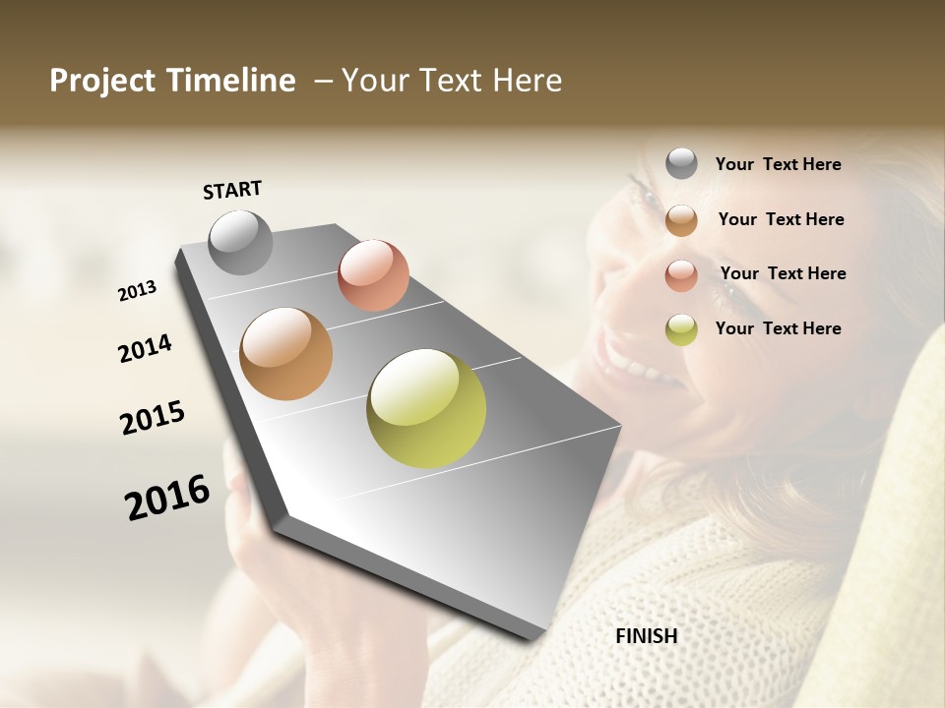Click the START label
point(232,190)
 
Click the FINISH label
point(646,636)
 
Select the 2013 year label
point(138,291)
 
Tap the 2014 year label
point(145,348)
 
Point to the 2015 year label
point(153,418)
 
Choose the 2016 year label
point(167,498)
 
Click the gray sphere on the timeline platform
point(240,242)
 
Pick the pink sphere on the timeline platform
point(373,274)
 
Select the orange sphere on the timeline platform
point(286,354)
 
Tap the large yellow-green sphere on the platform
point(426,408)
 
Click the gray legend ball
point(681,163)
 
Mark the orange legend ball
point(681,220)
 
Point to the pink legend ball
point(681,274)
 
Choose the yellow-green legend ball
point(681,329)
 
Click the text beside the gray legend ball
point(778,164)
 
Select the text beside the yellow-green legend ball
point(778,328)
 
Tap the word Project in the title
point(100,81)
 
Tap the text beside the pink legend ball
point(783,273)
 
